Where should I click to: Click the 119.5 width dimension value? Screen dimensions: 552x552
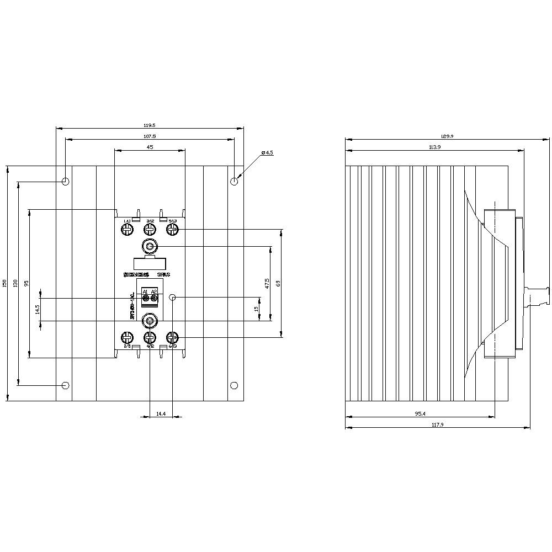click(150, 125)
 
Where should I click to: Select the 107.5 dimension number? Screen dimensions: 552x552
click(150, 136)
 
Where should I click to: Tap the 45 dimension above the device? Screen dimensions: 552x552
click(150, 147)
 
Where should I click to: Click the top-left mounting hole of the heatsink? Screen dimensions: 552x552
click(66, 181)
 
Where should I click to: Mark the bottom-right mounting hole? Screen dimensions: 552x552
click(234, 385)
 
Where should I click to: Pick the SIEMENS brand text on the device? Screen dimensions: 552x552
click(136, 274)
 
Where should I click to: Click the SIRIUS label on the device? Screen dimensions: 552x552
click(164, 274)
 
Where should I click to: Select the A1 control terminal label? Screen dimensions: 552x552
click(145, 291)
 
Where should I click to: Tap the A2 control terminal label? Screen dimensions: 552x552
click(154, 291)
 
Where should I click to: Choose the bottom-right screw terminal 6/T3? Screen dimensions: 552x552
click(172, 337)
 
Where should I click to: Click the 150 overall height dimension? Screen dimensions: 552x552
click(4, 283)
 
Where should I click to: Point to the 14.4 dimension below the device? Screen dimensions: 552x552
click(161, 413)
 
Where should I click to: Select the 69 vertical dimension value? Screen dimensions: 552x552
click(278, 283)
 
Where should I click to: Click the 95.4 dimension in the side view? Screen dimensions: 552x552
click(420, 413)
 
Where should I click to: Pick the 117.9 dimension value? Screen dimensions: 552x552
click(437, 424)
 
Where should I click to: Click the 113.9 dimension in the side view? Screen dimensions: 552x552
click(434, 147)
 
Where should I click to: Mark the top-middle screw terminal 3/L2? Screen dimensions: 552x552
click(150, 229)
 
